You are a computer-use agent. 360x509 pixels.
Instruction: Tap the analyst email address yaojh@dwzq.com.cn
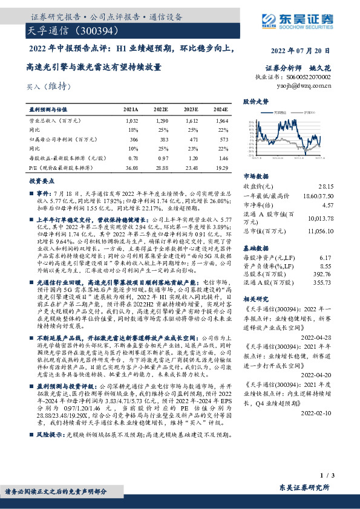pos(308,86)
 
